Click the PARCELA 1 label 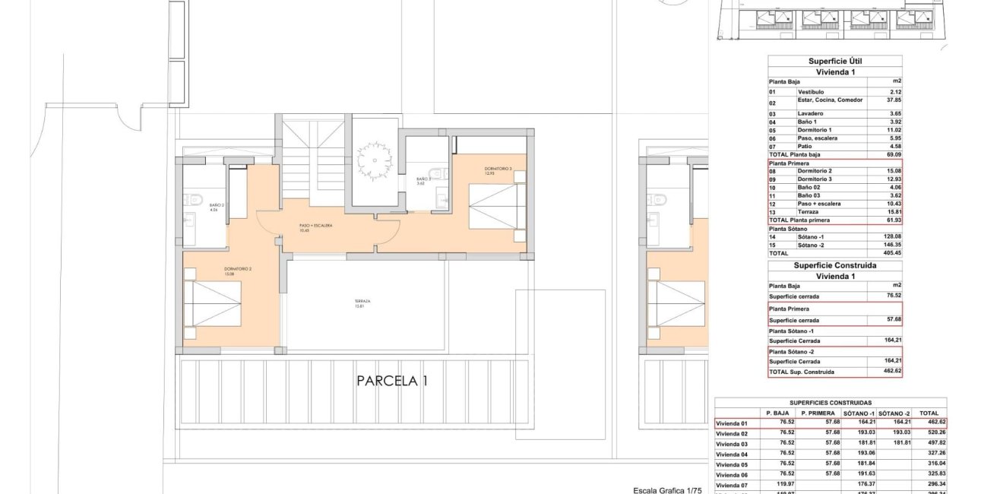tap(392, 381)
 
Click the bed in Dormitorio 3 tap(498, 205)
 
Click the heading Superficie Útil tap(834, 61)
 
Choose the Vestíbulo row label tap(811, 91)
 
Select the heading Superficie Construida tap(834, 265)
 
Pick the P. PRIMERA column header tap(817, 413)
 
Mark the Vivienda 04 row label tap(733, 454)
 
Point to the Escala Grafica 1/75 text tap(669, 490)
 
